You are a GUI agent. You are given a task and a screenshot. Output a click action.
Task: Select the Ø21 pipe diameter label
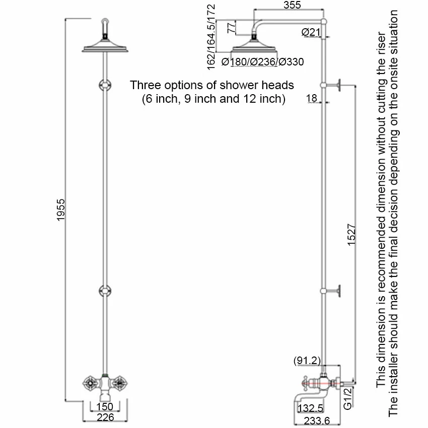coord(311,32)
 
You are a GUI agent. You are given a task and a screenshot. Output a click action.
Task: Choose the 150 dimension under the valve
coord(105,407)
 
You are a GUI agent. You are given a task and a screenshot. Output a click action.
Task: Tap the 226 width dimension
coord(105,417)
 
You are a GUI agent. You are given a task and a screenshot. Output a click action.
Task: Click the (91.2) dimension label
coord(307,361)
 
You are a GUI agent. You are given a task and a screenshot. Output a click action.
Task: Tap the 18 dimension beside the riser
coord(312,98)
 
